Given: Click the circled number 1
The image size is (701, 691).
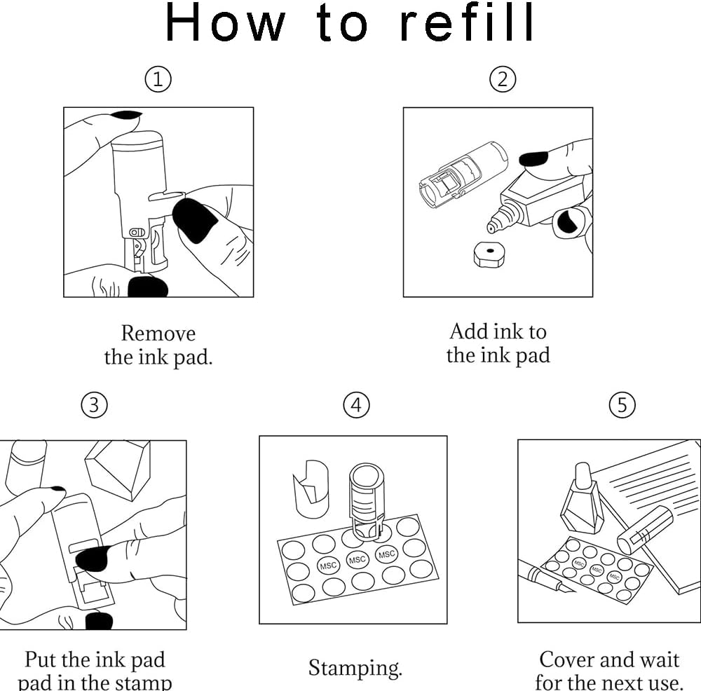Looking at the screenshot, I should [x=158, y=80].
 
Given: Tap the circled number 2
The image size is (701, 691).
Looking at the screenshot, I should [x=502, y=80].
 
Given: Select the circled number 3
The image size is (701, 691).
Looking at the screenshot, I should [x=95, y=404].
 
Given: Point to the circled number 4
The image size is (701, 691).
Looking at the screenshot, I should [x=356, y=404].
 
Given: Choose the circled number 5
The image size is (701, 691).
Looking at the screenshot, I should [x=622, y=404].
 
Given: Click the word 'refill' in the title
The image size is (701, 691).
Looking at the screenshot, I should [x=468, y=22].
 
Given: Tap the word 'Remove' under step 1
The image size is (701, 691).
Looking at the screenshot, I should [x=158, y=333].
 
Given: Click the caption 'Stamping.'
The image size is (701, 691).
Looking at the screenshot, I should [x=355, y=667].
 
